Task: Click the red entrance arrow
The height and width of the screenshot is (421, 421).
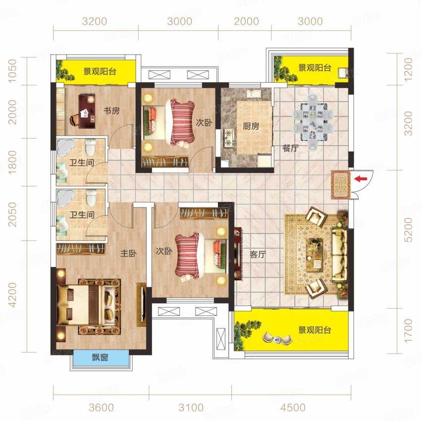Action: (x=361, y=178)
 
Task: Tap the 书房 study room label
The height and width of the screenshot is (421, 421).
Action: (x=112, y=110)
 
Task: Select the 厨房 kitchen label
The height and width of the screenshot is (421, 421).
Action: (x=251, y=126)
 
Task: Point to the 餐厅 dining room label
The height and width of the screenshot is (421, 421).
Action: (x=291, y=148)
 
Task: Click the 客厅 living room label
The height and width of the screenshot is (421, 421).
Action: (x=258, y=254)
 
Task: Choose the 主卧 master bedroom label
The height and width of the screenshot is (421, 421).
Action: (x=128, y=253)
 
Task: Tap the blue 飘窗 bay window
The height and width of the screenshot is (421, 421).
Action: (x=100, y=358)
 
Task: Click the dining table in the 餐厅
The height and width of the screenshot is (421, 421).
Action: (x=313, y=122)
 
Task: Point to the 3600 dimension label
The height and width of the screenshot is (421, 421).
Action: (x=101, y=407)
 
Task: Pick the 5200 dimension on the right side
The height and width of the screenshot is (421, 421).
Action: (x=408, y=230)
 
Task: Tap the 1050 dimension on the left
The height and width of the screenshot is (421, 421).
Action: (x=12, y=71)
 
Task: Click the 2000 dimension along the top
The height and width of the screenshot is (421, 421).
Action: (x=246, y=21)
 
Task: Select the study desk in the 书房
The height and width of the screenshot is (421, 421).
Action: (x=87, y=111)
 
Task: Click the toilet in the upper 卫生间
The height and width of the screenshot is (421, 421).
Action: (x=90, y=148)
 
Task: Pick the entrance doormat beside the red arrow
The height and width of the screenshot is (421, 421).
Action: (x=340, y=185)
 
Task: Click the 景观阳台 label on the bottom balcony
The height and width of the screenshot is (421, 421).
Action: (x=315, y=330)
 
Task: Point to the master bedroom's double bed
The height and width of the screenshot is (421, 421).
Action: (x=89, y=306)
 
